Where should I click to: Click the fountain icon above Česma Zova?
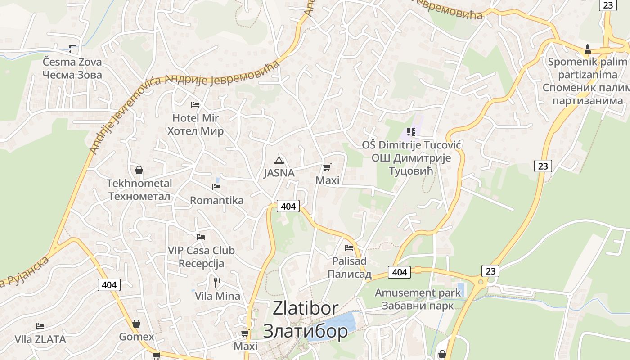72,48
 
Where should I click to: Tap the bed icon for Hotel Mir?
195,105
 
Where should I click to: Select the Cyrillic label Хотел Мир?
195,131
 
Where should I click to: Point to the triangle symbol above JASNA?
279,160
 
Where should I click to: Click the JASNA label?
279,173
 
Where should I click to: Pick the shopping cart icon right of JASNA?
327,167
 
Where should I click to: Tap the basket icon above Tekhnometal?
139,170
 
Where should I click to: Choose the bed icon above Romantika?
216,187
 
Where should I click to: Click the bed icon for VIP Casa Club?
201,237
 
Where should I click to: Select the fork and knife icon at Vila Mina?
217,283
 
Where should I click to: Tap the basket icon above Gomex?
136,324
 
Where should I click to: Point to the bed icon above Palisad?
349,247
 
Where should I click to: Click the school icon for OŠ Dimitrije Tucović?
411,132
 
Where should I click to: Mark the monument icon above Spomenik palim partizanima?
587,49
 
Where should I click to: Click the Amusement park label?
418,292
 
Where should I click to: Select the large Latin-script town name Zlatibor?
306,308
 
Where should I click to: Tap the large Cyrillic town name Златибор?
306,331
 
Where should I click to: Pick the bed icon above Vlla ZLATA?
40,326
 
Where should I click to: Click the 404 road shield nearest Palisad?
399,272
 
